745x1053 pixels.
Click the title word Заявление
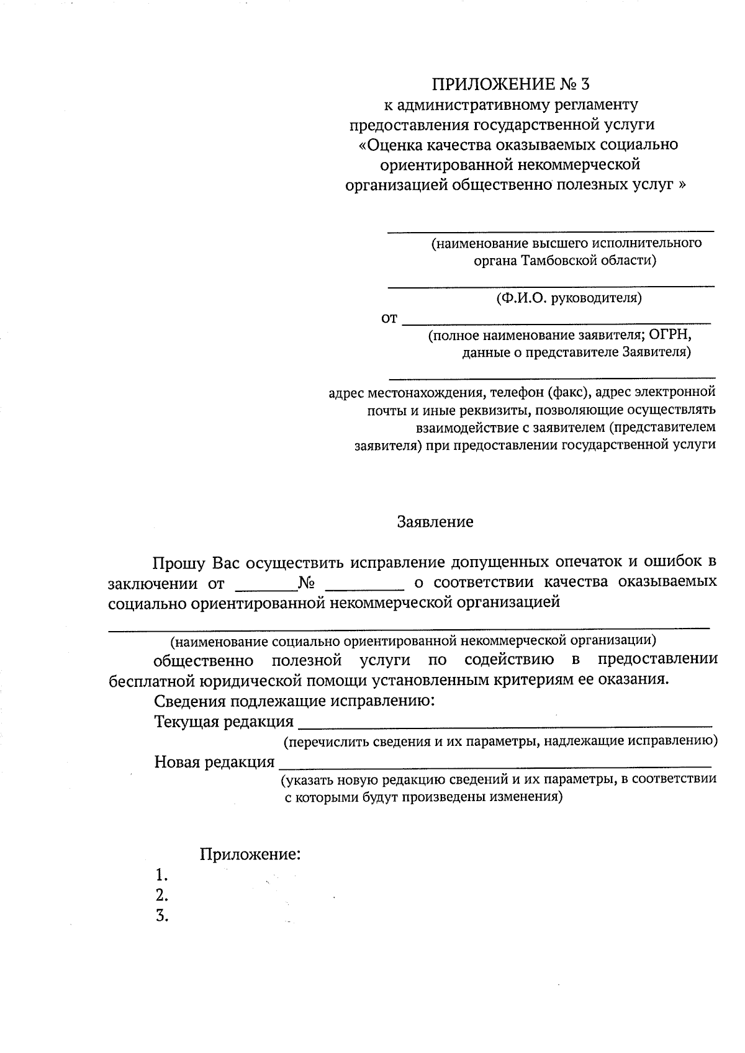pyautogui.click(x=435, y=522)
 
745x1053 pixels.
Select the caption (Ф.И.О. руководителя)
pyautogui.click(x=569, y=298)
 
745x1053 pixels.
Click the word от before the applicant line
pyautogui.click(x=389, y=319)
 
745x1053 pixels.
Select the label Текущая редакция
pyautogui.click(x=223, y=722)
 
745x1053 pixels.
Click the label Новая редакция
pyautogui.click(x=214, y=762)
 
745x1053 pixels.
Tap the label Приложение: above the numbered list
pyautogui.click(x=250, y=854)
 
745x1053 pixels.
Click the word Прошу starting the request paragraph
pyautogui.click(x=179, y=563)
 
